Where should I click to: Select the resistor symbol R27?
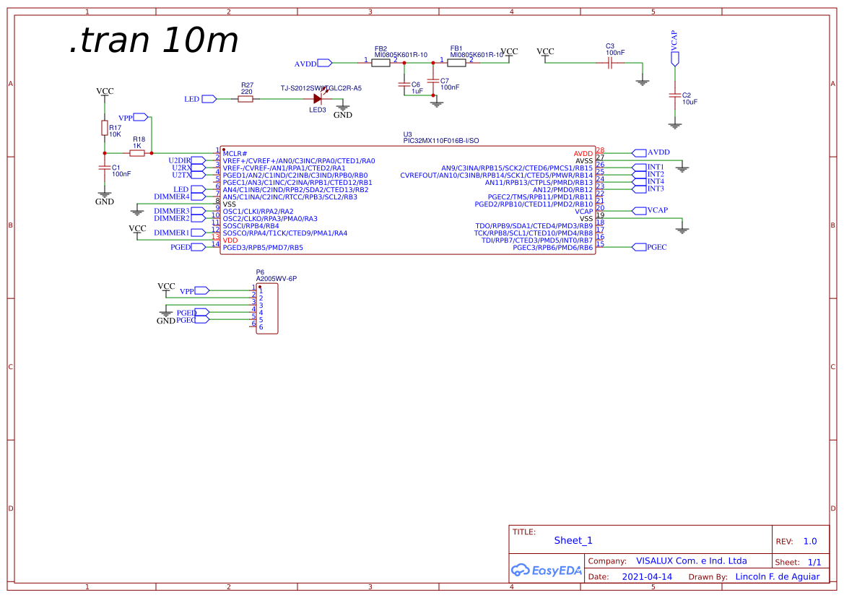point(245,99)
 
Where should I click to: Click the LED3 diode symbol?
point(317,99)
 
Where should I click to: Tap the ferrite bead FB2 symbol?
point(380,63)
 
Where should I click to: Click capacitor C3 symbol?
point(610,63)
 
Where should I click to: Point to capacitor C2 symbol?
point(675,95)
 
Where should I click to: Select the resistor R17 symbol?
point(105,129)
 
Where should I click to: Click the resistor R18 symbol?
point(136,153)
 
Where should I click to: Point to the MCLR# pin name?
point(235,154)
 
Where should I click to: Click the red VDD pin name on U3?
point(230,240)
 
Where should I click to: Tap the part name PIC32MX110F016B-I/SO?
point(440,141)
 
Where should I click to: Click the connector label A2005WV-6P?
point(277,278)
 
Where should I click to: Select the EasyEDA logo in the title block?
point(546,571)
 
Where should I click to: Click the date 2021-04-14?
point(647,577)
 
